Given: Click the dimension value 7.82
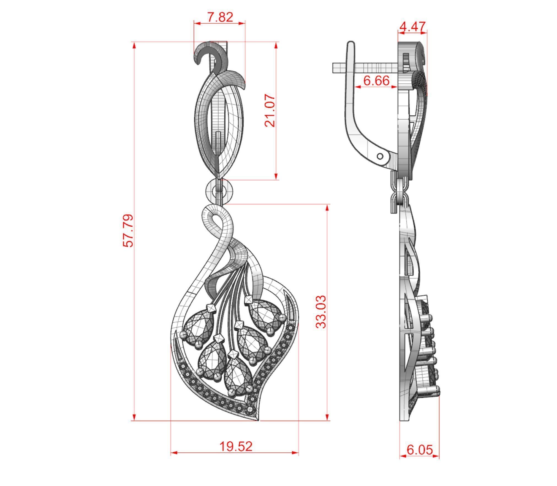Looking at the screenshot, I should [220, 17].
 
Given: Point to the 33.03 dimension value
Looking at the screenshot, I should [321, 312].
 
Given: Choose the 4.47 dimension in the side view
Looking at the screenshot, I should [412, 27].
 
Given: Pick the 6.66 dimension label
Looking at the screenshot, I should [376, 81].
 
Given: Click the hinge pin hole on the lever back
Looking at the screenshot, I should [380, 157].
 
